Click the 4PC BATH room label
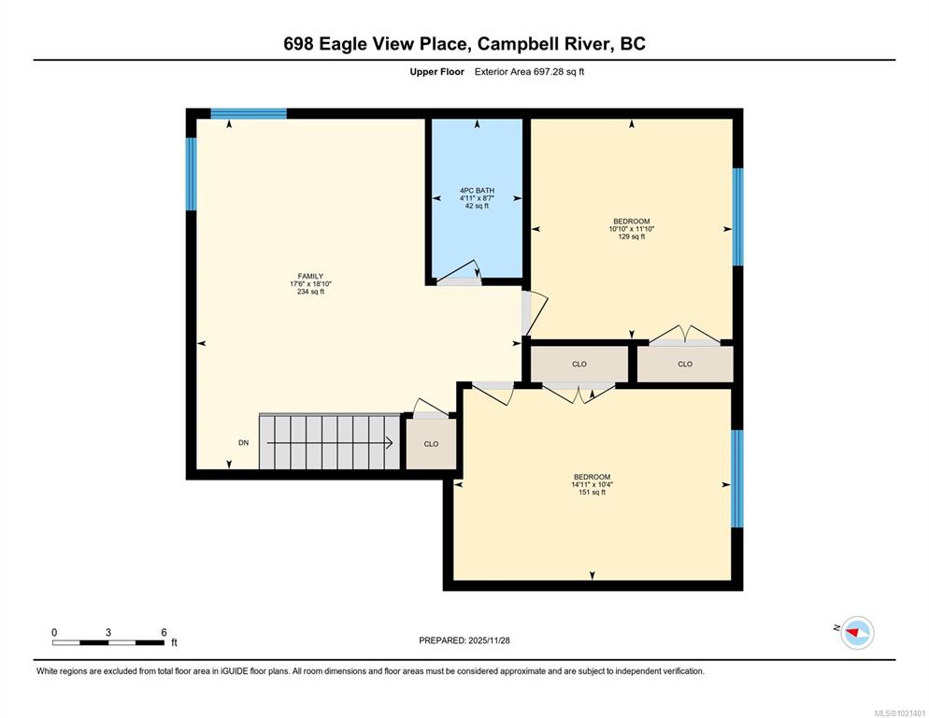pos(477,191)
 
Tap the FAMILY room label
pos(310,276)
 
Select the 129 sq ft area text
pos(632,237)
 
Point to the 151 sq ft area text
pos(592,492)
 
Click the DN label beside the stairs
pos(244,443)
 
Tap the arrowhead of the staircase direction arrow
pos(390,443)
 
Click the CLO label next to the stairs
pos(431,444)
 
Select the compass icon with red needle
pos(857,633)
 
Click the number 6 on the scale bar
pos(164,633)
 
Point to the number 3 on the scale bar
pos(108,633)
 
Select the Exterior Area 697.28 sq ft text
pos(529,72)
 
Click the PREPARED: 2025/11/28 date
pos(464,640)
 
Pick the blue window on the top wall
pos(249,113)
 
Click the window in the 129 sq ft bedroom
pos(738,217)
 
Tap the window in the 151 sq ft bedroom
pos(737,479)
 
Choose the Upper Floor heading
pos(436,72)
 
